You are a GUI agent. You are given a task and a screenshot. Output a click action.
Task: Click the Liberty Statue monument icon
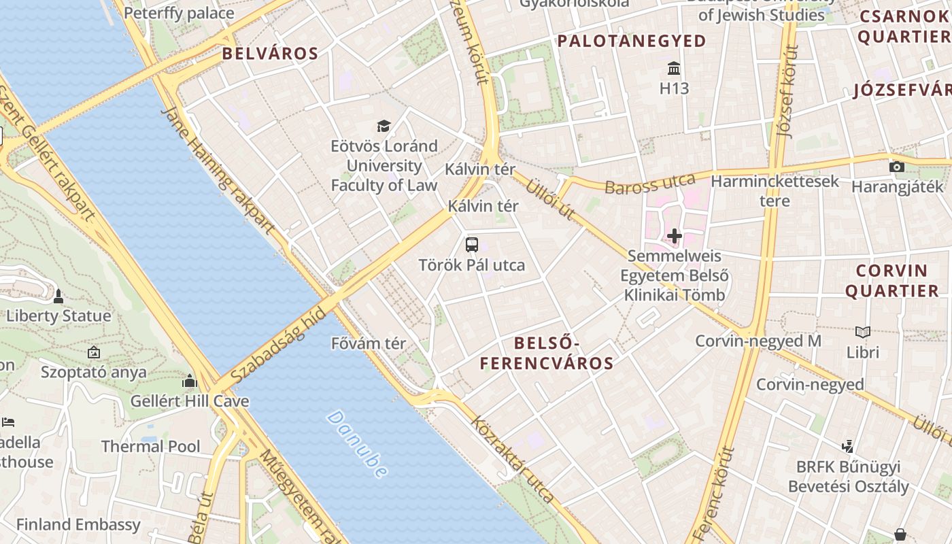[x=58, y=296]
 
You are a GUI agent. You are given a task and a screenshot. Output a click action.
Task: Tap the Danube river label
[x=357, y=443]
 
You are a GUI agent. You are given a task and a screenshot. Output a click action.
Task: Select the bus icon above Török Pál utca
[x=472, y=245]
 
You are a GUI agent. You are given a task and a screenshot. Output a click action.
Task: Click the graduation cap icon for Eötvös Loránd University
[x=384, y=126]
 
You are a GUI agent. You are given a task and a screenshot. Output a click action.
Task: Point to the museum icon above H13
[x=674, y=69]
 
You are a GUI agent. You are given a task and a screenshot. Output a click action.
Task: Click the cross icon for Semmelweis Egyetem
[x=674, y=236]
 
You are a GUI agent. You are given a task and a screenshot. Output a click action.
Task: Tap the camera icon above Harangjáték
[x=897, y=167]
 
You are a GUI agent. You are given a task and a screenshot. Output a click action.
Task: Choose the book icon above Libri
[x=863, y=333]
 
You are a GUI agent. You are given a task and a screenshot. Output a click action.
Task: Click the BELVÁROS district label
[x=270, y=54]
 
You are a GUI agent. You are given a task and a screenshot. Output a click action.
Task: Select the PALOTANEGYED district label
[x=632, y=41]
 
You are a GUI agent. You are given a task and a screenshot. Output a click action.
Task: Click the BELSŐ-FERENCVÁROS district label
[x=547, y=353]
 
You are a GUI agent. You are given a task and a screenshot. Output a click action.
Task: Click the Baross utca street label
[x=650, y=184]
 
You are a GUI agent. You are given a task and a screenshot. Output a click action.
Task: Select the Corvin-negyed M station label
[x=758, y=341]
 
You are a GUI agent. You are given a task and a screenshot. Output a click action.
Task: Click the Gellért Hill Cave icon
[x=190, y=381]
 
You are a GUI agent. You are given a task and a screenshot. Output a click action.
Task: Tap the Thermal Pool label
[x=150, y=447]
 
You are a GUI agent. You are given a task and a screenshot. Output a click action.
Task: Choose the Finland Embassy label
[x=78, y=525]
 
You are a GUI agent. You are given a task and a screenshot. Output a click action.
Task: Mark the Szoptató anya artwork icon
[x=94, y=352]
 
